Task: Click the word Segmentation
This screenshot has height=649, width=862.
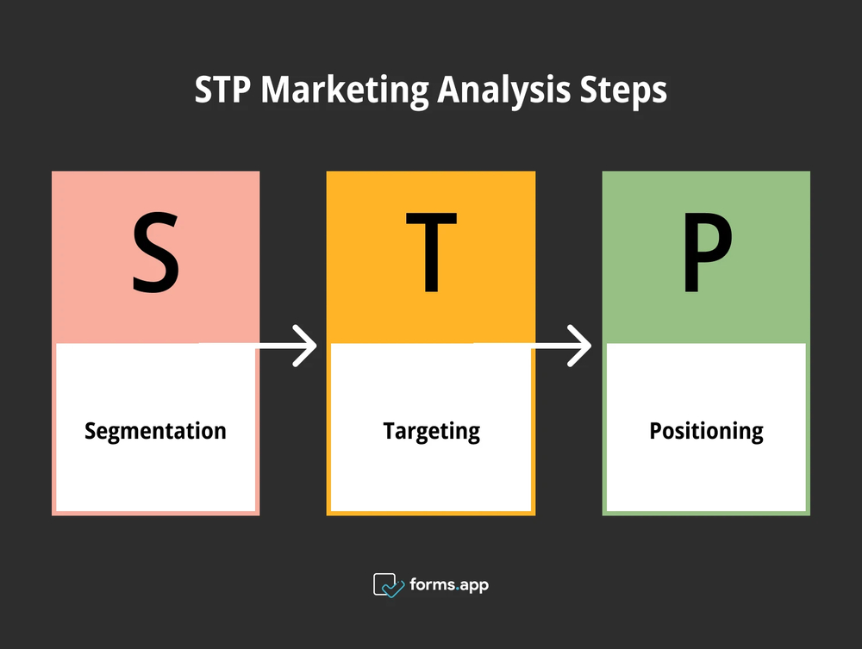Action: tap(155, 431)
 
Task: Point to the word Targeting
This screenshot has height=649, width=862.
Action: tap(431, 431)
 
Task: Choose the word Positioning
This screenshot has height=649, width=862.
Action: tap(706, 431)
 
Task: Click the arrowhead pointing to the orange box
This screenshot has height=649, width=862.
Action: tap(306, 346)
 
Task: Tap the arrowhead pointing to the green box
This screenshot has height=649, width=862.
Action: tap(579, 346)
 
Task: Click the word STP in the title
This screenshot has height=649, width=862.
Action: tap(223, 90)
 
